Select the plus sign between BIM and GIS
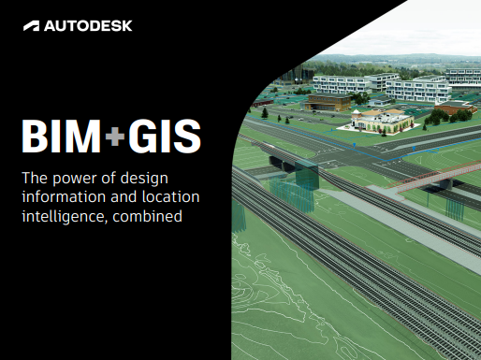114,138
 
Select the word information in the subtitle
63,197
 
